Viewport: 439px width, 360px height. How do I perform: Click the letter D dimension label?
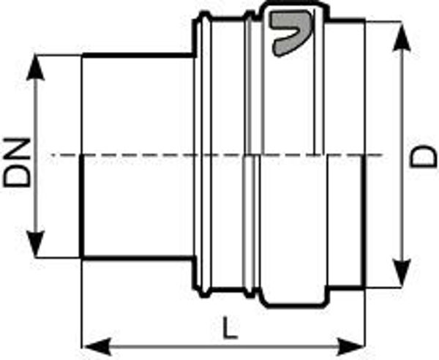click(424, 157)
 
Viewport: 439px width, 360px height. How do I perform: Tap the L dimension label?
click(230, 328)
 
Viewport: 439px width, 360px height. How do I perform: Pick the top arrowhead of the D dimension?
click(402, 37)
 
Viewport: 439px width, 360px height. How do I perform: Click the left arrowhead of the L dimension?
click(97, 347)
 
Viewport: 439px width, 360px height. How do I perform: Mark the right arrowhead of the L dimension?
click(350, 347)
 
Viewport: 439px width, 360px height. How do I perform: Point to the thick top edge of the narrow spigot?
click(138, 55)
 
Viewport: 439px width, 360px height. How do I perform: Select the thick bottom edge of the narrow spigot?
click(138, 258)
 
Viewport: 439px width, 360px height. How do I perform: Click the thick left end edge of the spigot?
click(81, 206)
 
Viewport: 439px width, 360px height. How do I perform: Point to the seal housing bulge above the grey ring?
click(294, 5)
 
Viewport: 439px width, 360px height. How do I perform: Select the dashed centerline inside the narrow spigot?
click(138, 154)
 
